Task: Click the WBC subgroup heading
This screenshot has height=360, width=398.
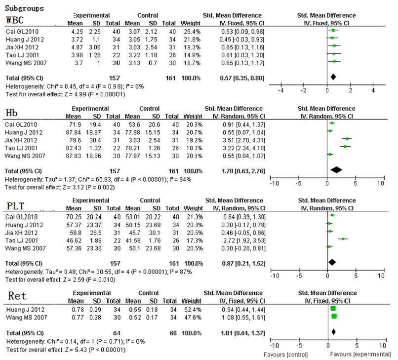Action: tap(15, 20)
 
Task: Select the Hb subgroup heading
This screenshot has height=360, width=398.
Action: tap(11, 113)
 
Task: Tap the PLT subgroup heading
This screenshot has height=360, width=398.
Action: tap(15, 206)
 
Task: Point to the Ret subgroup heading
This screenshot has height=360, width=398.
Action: tap(17, 296)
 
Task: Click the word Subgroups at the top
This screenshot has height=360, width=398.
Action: tap(24, 8)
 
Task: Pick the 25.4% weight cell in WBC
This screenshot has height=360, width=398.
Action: tap(192, 32)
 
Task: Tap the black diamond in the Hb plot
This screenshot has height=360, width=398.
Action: tap(336, 170)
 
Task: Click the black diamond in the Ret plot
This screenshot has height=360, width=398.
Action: tap(333, 331)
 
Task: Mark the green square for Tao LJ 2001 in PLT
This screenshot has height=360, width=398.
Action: tap(343, 239)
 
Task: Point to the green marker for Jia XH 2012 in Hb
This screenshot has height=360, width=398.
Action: tap(347, 139)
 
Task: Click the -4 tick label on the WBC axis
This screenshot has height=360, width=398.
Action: tap(280, 91)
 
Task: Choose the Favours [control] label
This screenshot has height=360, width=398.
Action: tap(285, 355)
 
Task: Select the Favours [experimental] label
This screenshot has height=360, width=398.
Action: tap(360, 355)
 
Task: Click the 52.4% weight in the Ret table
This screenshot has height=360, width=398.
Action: tap(192, 310)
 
